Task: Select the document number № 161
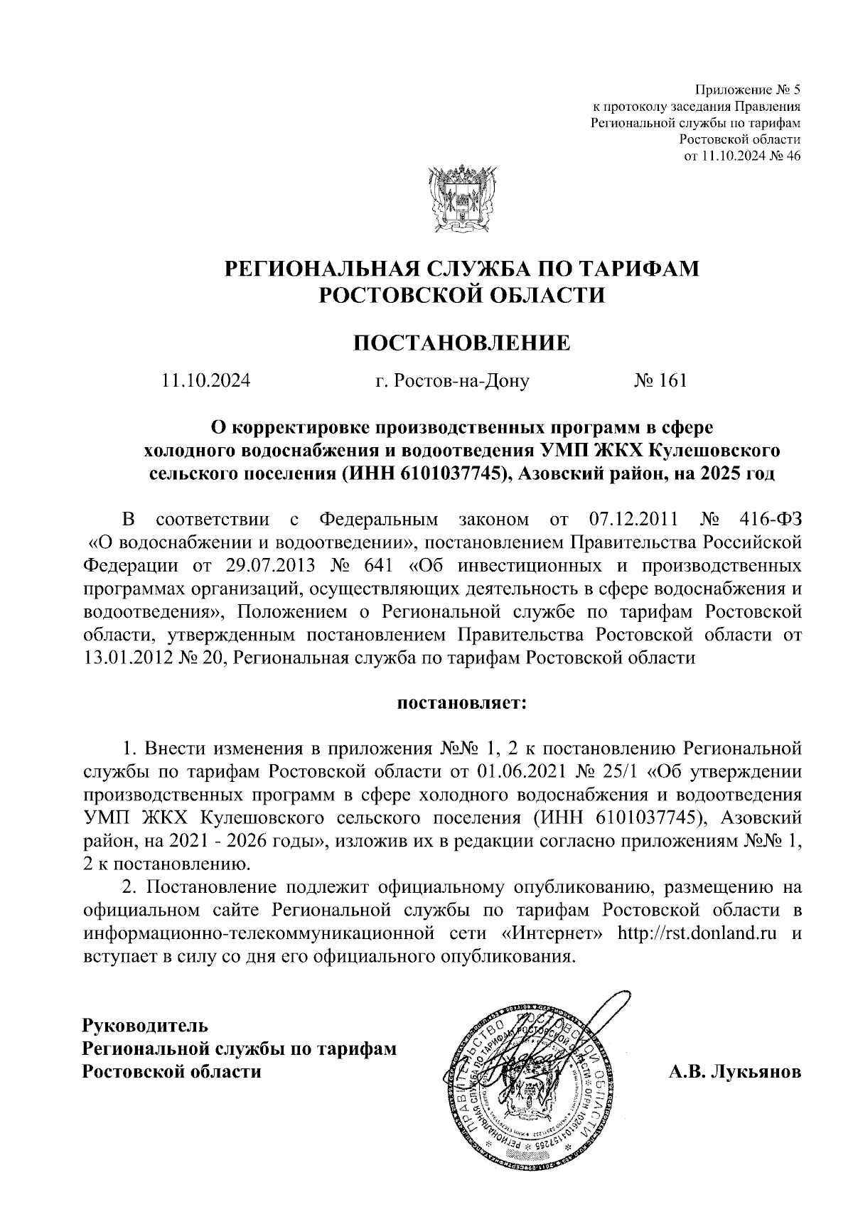pos(660,381)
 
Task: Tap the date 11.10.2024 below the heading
pos(206,381)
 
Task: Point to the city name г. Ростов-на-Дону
pos(452,381)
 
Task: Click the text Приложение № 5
pos(746,90)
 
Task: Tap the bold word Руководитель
pos(146,1026)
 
